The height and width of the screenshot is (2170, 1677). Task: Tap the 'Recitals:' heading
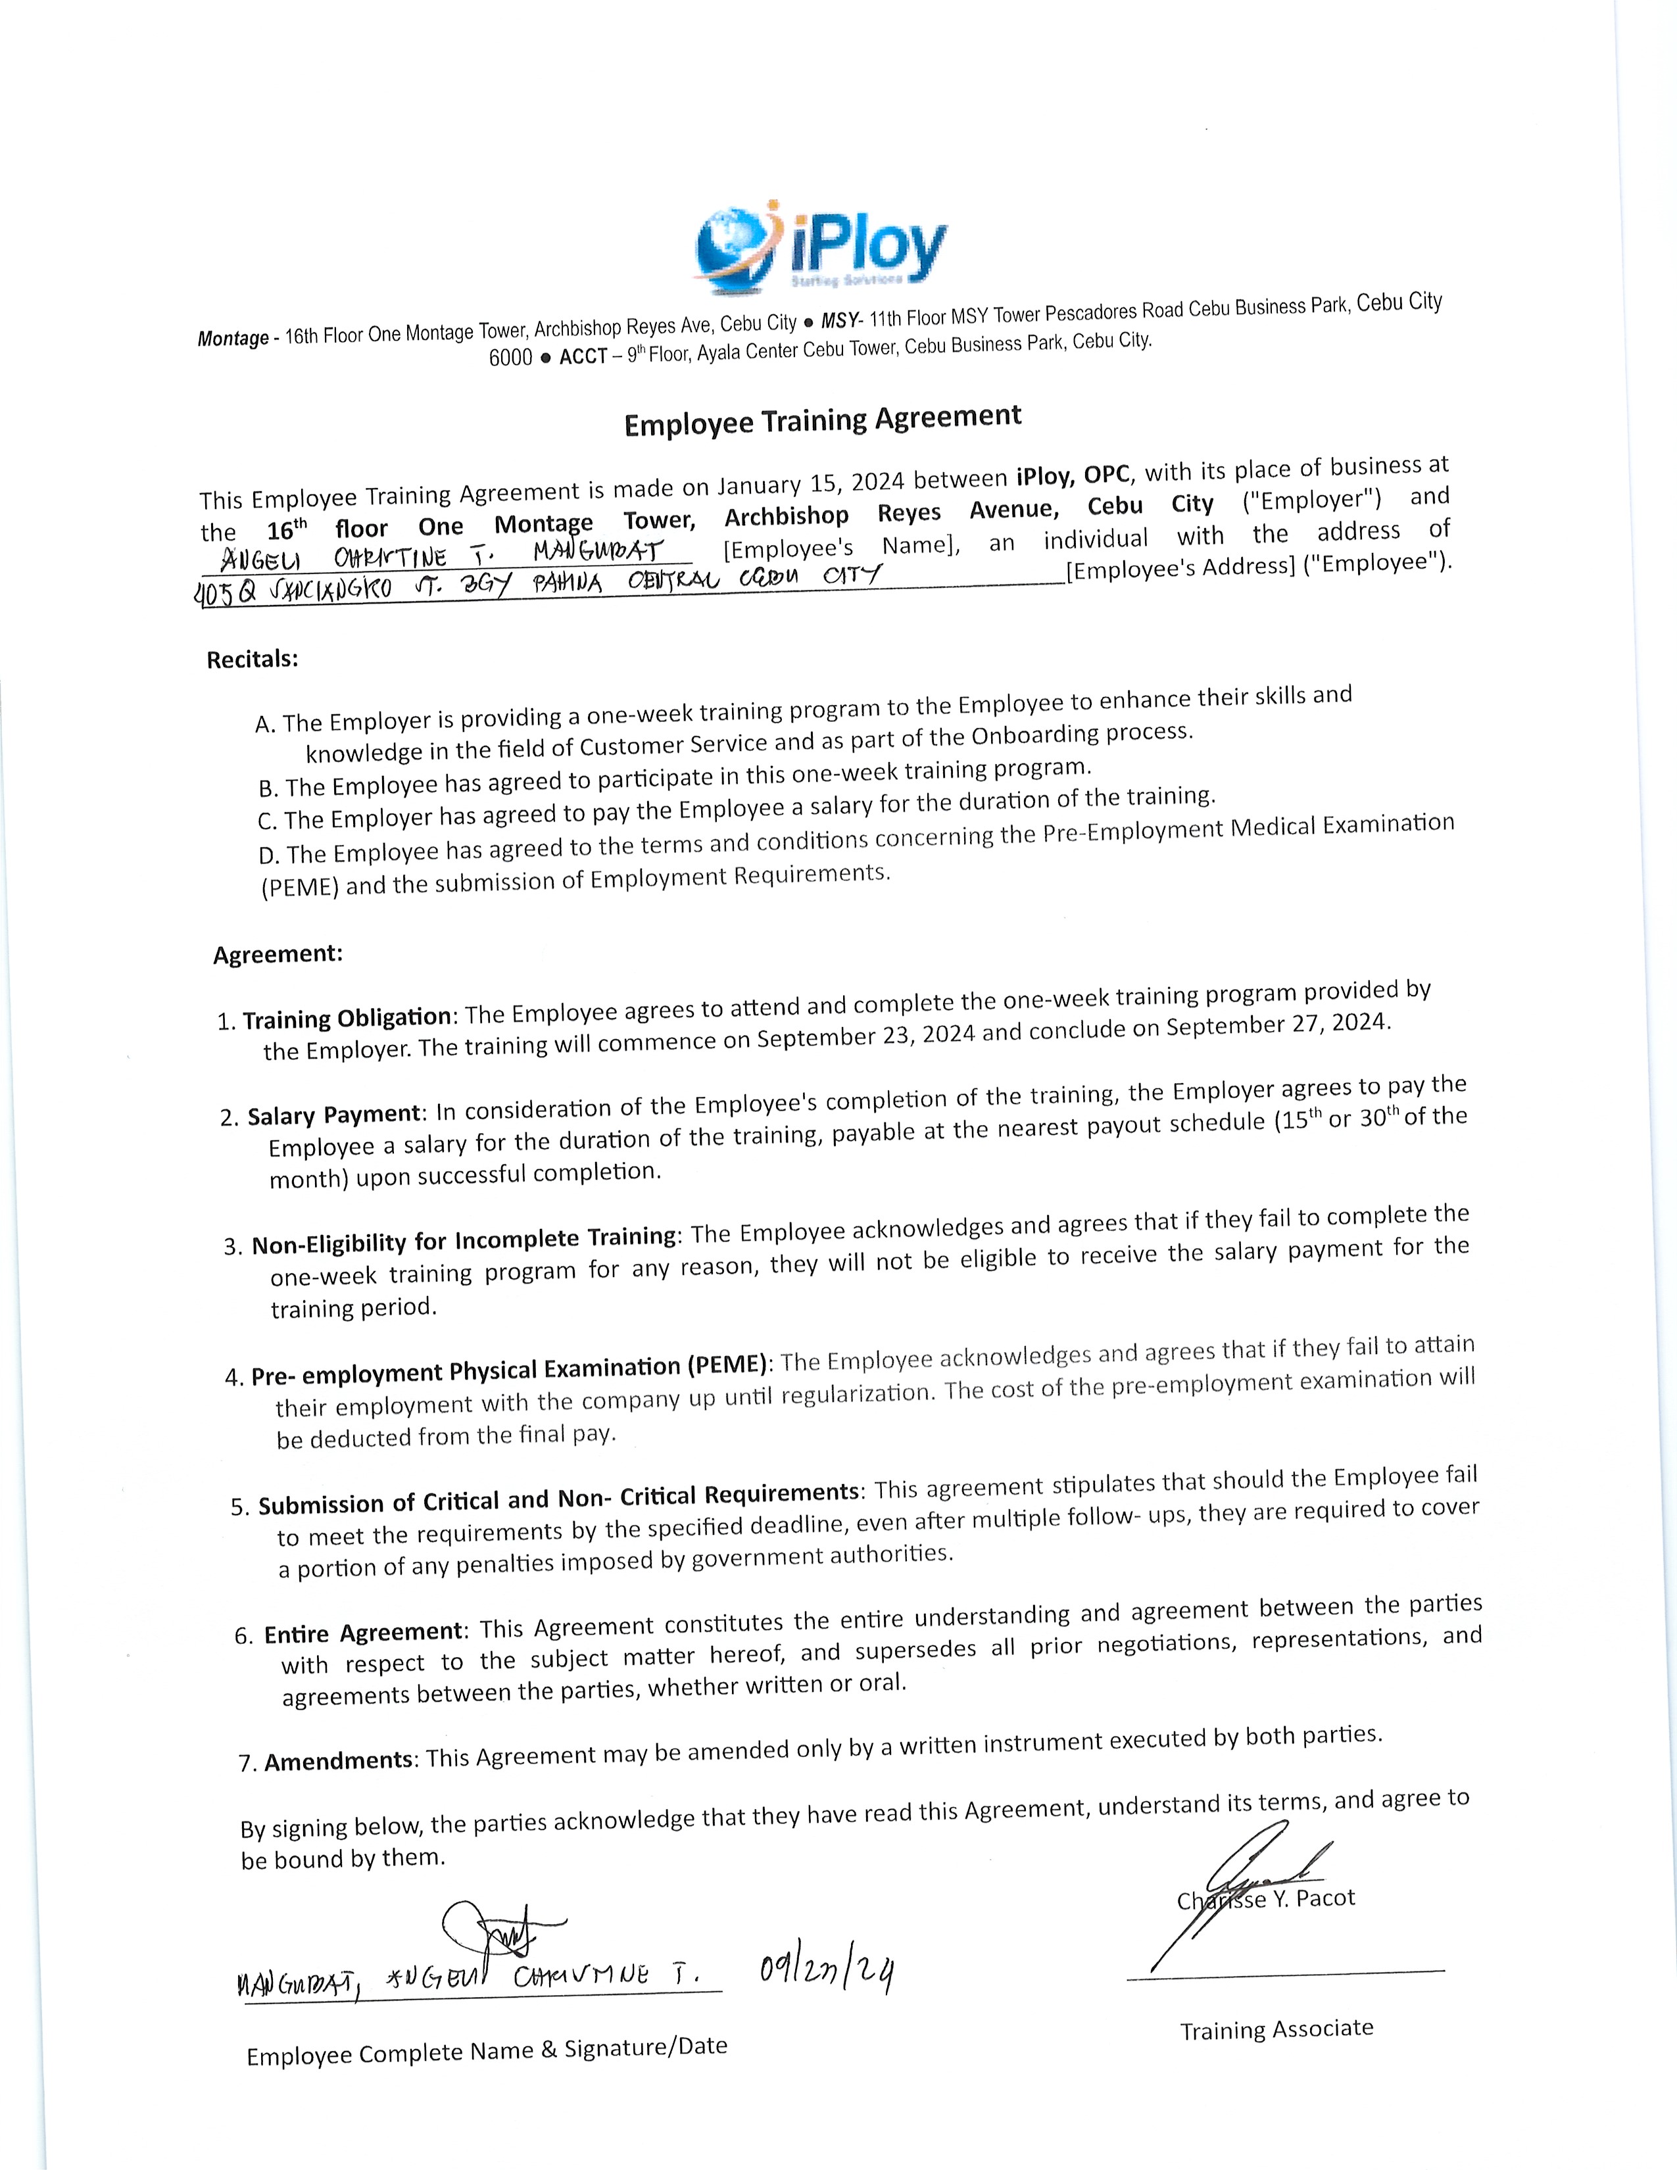[x=253, y=660]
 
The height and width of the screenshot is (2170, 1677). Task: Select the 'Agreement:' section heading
[x=278, y=955]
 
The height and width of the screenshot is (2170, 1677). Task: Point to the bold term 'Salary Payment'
[x=334, y=1115]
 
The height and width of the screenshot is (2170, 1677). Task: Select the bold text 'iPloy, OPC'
[x=1073, y=475]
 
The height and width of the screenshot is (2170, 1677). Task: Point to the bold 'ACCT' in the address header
[x=582, y=356]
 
